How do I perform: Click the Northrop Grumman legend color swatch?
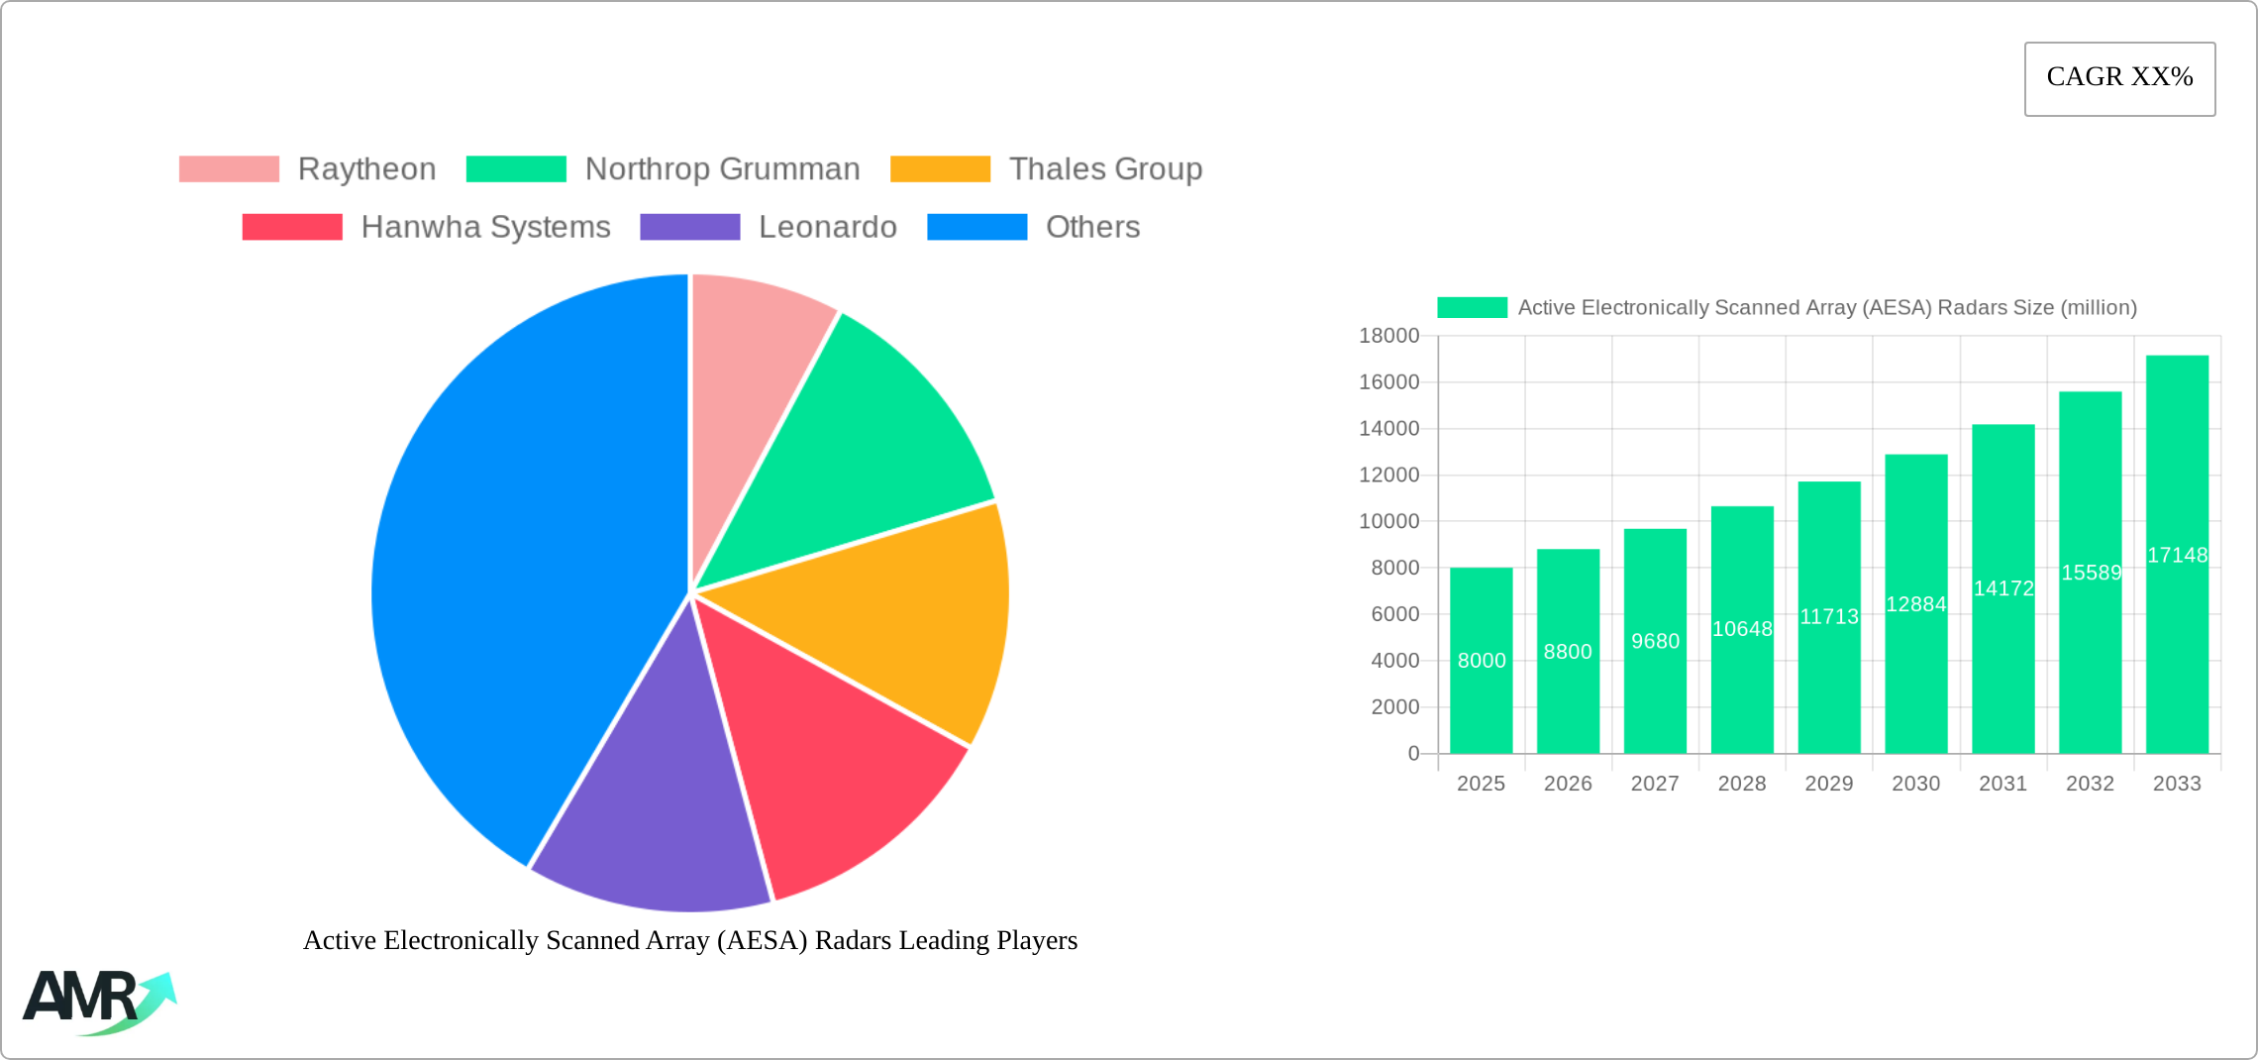(516, 169)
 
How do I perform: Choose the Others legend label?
(1092, 227)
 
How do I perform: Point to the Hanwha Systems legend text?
(485, 227)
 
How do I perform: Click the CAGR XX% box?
(2119, 78)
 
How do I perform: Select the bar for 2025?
(1481, 693)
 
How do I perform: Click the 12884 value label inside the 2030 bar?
(1915, 604)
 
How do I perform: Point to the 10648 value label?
(1742, 629)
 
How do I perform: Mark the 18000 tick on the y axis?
(1388, 336)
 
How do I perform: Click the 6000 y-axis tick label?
(1394, 614)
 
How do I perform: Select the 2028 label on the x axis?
(1742, 784)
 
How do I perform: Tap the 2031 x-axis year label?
(2002, 784)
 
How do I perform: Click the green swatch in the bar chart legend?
(1472, 308)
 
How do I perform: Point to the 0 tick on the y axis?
(1413, 753)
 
